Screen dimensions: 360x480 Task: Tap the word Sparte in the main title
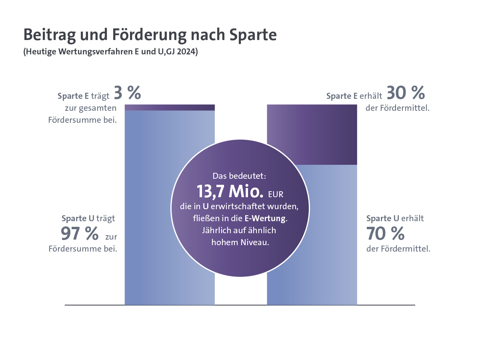[253, 35]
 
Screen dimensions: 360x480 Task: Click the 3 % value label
[127, 94]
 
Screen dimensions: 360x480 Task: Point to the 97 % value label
[80, 234]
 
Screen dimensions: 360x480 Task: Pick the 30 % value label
[406, 94]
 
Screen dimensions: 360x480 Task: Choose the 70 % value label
[385, 234]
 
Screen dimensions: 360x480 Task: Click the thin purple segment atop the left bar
[170, 108]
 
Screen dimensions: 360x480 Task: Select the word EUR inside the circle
[276, 194]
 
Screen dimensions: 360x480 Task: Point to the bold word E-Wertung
[266, 219]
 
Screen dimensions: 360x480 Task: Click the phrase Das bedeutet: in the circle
[240, 176]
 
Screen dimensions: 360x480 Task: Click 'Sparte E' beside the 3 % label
[73, 96]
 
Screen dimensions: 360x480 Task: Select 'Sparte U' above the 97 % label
[78, 218]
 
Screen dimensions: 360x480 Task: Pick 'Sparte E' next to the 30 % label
[342, 96]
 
